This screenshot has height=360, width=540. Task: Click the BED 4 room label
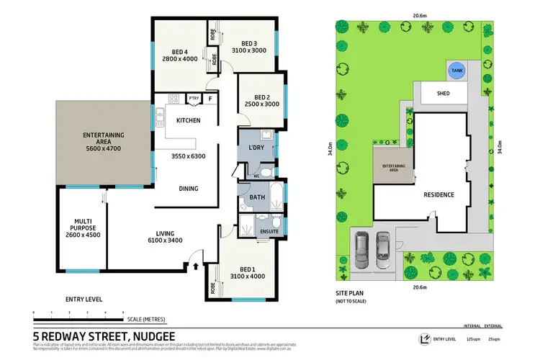(x=180, y=51)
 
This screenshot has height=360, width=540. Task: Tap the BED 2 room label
(x=262, y=97)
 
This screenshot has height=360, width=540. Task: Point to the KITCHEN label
(x=188, y=120)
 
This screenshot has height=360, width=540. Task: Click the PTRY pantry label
(x=194, y=99)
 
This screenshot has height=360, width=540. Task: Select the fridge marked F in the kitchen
(x=210, y=99)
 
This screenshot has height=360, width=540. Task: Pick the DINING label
(x=189, y=189)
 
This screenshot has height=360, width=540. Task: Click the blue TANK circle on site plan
(x=456, y=71)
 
